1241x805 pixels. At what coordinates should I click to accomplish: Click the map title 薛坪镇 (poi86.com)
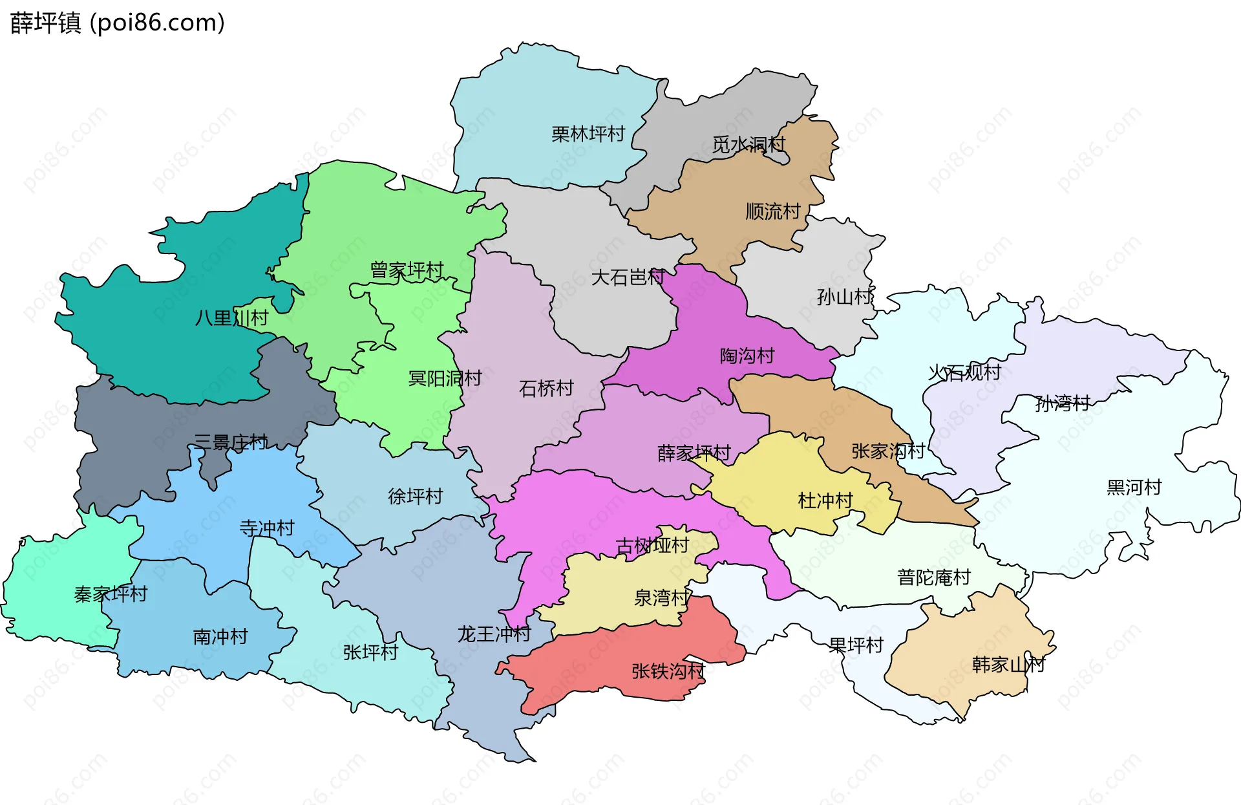[x=118, y=23]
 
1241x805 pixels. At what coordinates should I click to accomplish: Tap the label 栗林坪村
[x=588, y=134]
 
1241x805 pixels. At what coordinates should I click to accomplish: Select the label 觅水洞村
[x=748, y=144]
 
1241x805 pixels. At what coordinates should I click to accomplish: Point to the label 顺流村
[x=772, y=211]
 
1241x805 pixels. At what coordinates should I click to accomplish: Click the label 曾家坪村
[x=407, y=270]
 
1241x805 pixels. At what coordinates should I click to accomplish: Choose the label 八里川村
[x=231, y=317]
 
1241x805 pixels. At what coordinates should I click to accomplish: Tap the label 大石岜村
[x=628, y=277]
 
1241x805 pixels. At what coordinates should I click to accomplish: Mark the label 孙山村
[x=844, y=297]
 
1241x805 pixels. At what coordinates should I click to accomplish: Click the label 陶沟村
[x=747, y=356]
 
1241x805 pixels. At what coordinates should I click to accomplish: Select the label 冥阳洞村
[x=445, y=378]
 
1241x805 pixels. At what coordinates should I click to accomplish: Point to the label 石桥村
[x=546, y=388]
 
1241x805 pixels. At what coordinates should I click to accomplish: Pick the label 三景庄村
[x=231, y=442]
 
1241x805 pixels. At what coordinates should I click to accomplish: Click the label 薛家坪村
[x=694, y=453]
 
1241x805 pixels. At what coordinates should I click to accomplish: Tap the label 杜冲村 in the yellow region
[x=825, y=500]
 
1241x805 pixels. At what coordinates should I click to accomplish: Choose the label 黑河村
[x=1134, y=487]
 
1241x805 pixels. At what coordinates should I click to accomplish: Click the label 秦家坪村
[x=111, y=594]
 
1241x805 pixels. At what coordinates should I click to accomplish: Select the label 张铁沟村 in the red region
[x=668, y=671]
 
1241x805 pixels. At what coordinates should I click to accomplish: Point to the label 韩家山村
[x=1008, y=664]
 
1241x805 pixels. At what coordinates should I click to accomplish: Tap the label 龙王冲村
[x=494, y=634]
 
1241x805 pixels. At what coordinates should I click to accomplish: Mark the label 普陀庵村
[x=933, y=577]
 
